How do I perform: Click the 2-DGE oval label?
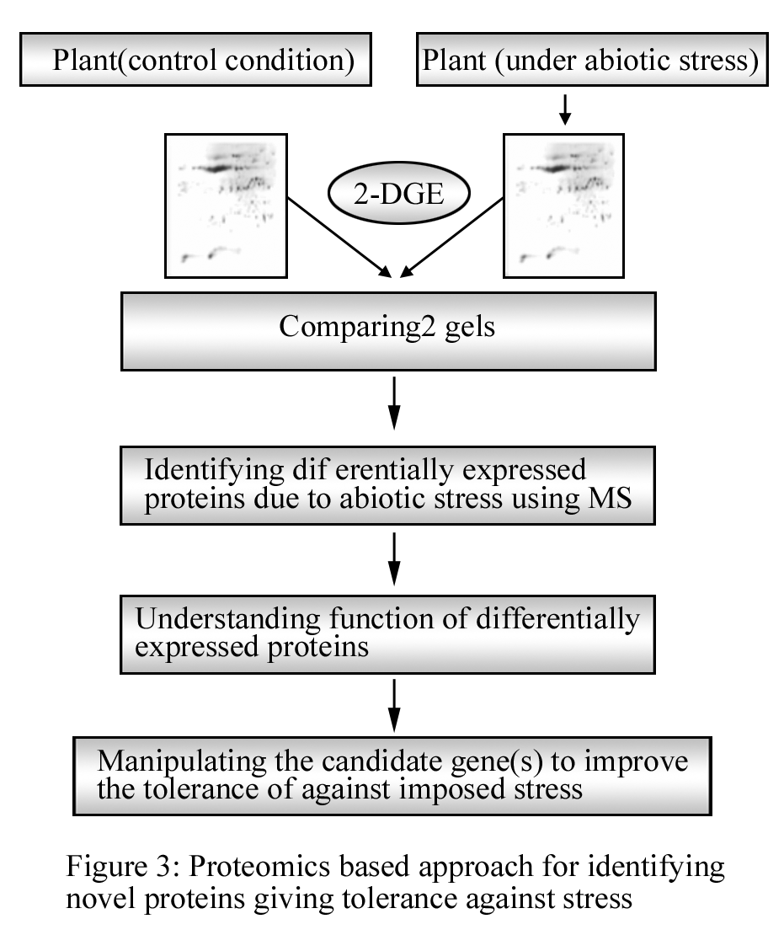(x=398, y=194)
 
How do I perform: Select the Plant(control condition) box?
(x=195, y=60)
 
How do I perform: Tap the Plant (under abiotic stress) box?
(x=592, y=60)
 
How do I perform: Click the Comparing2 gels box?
(x=388, y=331)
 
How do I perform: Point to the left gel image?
(x=226, y=206)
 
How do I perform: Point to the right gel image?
(x=563, y=206)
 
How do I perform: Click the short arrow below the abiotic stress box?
(x=565, y=110)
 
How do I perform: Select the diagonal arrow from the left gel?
(x=339, y=238)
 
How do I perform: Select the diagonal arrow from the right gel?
(x=451, y=238)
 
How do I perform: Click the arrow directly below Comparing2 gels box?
(x=394, y=403)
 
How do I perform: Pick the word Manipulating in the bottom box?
(x=181, y=761)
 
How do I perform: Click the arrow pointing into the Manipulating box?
(x=394, y=705)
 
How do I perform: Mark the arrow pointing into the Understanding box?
(x=394, y=558)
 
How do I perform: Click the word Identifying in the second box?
(x=214, y=471)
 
